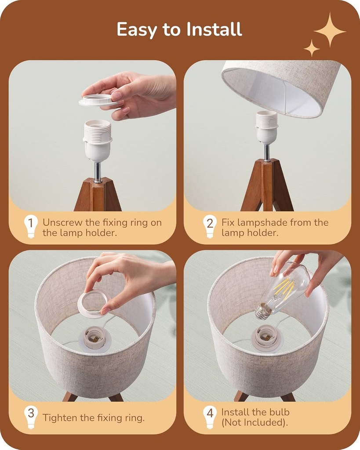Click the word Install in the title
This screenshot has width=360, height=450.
tap(214, 30)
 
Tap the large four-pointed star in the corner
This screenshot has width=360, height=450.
tap(330, 30)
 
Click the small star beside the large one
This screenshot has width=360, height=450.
tap(312, 48)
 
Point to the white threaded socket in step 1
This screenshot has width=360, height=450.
tap(97, 140)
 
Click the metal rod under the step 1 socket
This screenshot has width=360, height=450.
tap(98, 172)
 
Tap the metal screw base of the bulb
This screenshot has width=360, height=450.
tap(263, 311)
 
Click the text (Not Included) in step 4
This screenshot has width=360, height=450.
tap(255, 422)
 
